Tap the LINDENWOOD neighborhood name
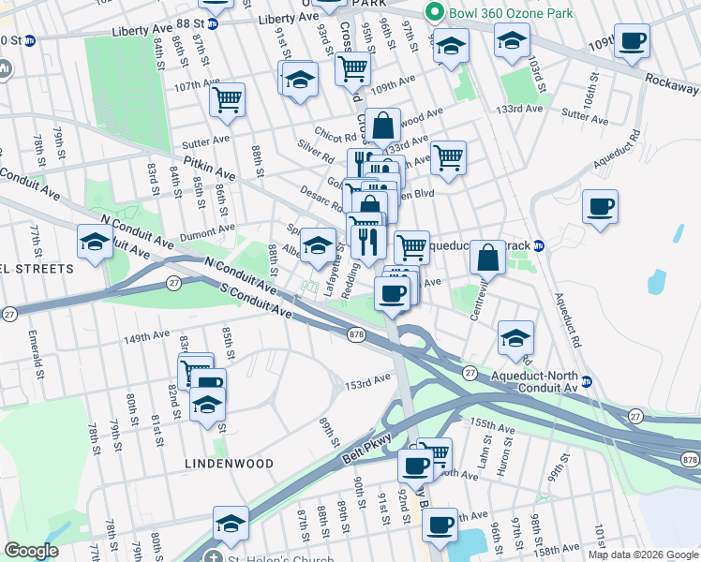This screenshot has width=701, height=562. click(229, 464)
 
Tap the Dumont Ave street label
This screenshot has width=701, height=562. click(208, 229)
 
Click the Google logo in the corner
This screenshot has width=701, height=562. click(31, 551)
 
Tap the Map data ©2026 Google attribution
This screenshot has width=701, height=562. click(642, 555)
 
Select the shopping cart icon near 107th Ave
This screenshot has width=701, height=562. click(228, 99)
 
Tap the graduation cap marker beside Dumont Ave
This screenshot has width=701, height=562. click(95, 243)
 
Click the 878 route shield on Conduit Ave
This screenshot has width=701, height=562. click(355, 334)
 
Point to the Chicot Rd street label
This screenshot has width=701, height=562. click(337, 137)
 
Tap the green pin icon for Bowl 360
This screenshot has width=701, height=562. click(433, 12)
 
